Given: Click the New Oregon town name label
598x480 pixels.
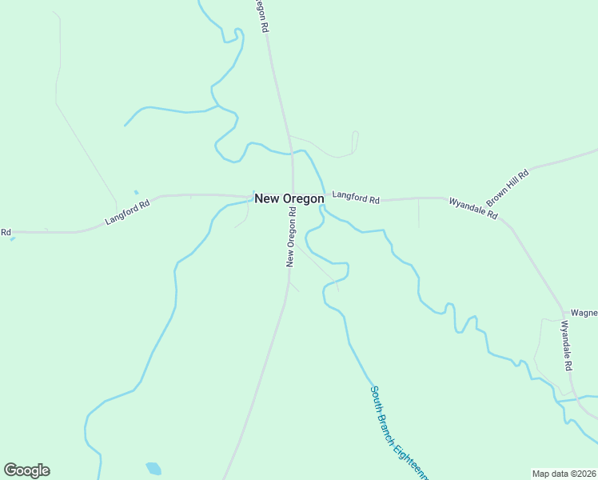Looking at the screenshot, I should coord(289,198).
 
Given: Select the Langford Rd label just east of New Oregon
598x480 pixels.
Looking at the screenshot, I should coord(356,197).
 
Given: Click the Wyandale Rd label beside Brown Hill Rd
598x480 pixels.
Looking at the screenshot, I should coord(472,209).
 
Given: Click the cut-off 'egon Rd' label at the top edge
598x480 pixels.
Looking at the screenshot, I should coord(261,14).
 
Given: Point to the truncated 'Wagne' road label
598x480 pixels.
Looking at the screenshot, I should coord(584,314).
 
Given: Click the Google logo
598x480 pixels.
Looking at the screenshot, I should coord(26,470).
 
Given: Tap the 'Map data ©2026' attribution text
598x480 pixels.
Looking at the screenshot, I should coord(564,473).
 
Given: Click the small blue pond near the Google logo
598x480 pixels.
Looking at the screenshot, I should coord(153,468).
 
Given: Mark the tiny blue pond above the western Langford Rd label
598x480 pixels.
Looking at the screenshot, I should coord(136,192).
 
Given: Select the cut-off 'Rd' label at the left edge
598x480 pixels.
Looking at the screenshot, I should coord(6,232).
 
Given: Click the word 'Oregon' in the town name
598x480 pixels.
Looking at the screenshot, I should coord(304,198).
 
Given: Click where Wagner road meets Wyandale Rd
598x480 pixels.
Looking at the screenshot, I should coord(564,313).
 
